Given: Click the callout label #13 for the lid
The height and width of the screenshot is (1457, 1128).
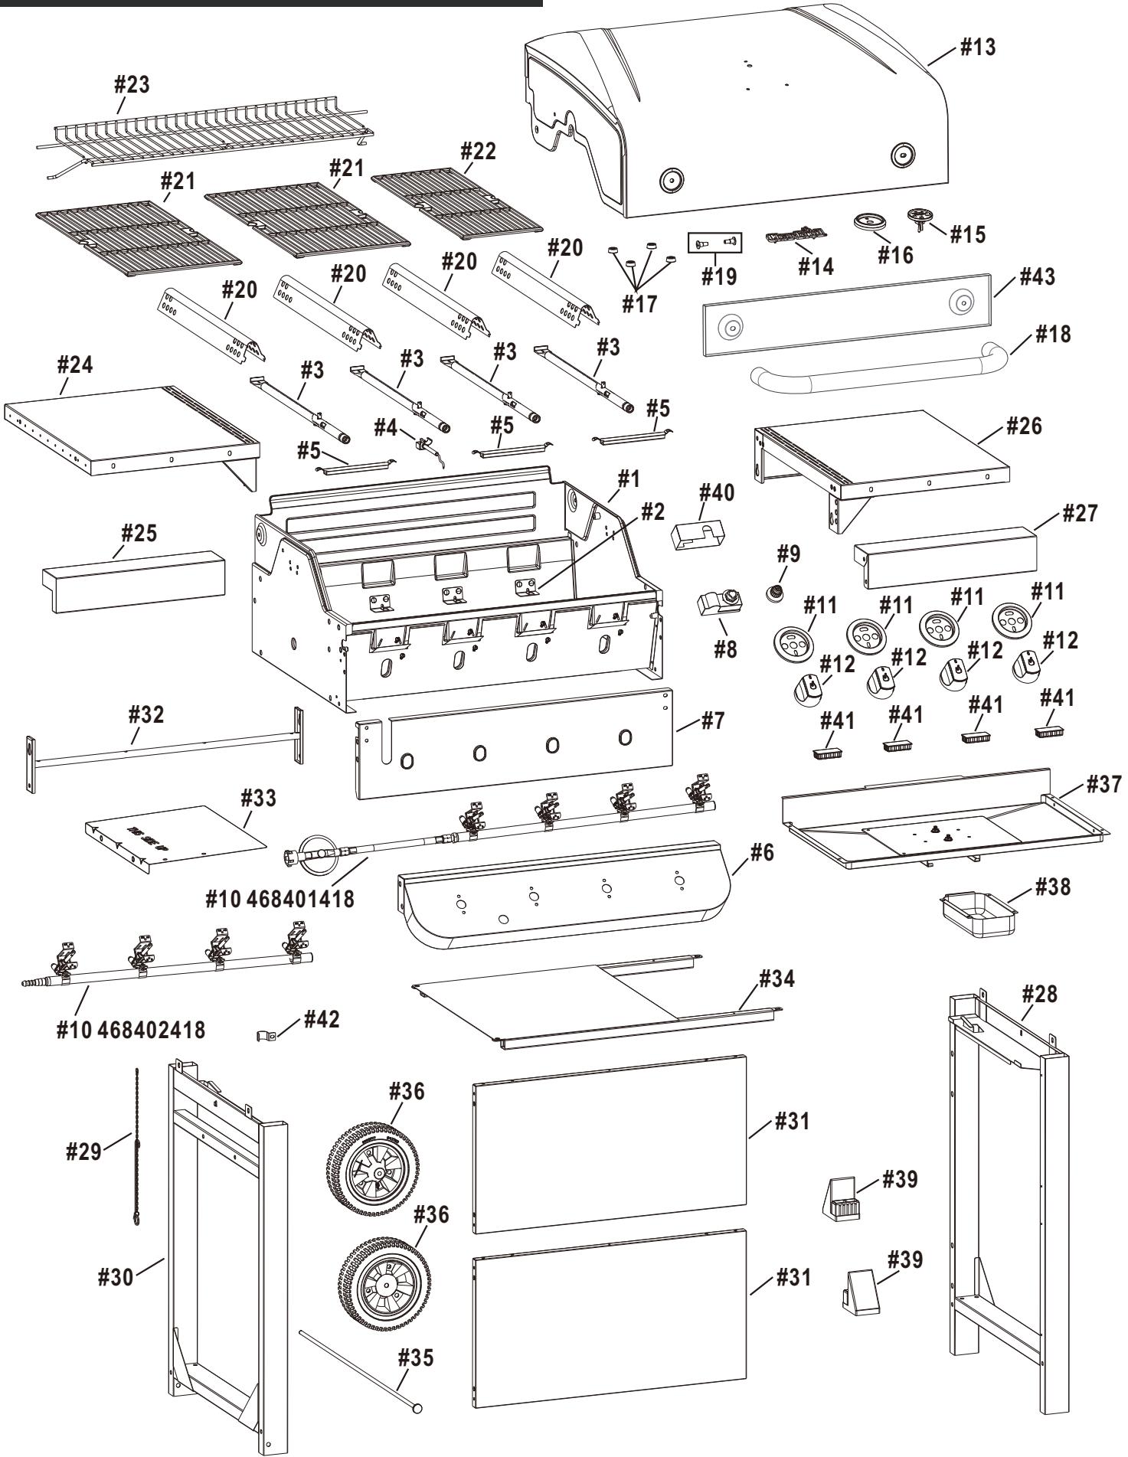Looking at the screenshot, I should (x=978, y=47).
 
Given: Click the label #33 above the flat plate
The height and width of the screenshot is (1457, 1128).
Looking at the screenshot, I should (x=259, y=798).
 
